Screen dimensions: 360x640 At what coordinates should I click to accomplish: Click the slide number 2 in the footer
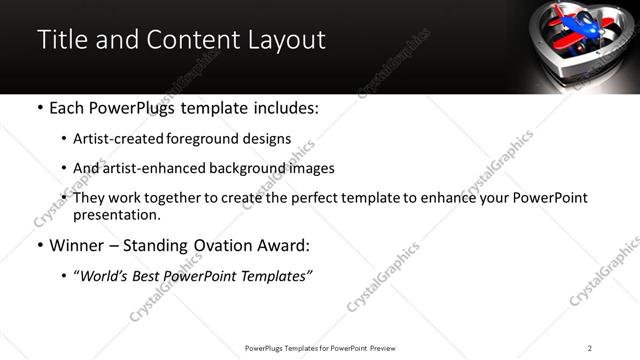pyautogui.click(x=590, y=347)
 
